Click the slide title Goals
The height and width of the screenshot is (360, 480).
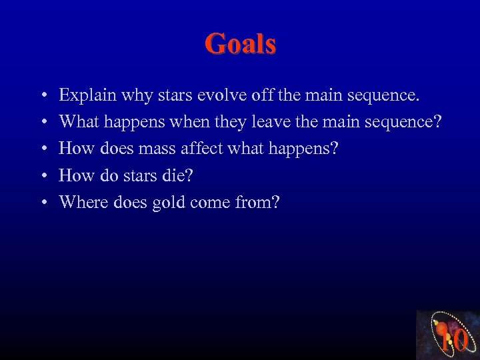(240, 44)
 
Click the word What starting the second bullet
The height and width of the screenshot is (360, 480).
(79, 122)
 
